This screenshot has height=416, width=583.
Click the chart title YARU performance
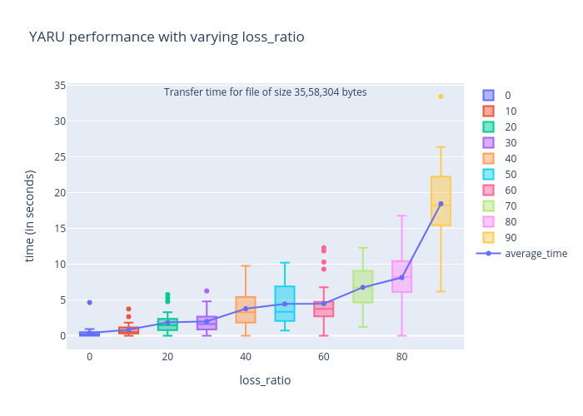167,37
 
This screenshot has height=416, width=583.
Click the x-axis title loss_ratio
266,380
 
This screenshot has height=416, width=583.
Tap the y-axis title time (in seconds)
30,215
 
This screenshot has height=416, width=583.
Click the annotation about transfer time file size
265,92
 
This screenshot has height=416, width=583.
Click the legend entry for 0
507,95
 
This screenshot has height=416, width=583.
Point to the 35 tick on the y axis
60,86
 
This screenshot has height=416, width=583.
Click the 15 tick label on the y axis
60,229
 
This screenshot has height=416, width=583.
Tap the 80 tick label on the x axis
401,357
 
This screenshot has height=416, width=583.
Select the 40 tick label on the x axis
246,357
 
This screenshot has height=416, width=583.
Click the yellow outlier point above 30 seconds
441,97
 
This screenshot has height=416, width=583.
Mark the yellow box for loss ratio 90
441,201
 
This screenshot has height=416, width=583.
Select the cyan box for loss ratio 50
285,304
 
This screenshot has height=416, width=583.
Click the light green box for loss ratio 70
362,286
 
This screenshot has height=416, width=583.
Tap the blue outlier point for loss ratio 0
89,302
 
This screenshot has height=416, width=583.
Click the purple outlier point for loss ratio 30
207,291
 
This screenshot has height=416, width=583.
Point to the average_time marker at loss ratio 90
441,204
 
